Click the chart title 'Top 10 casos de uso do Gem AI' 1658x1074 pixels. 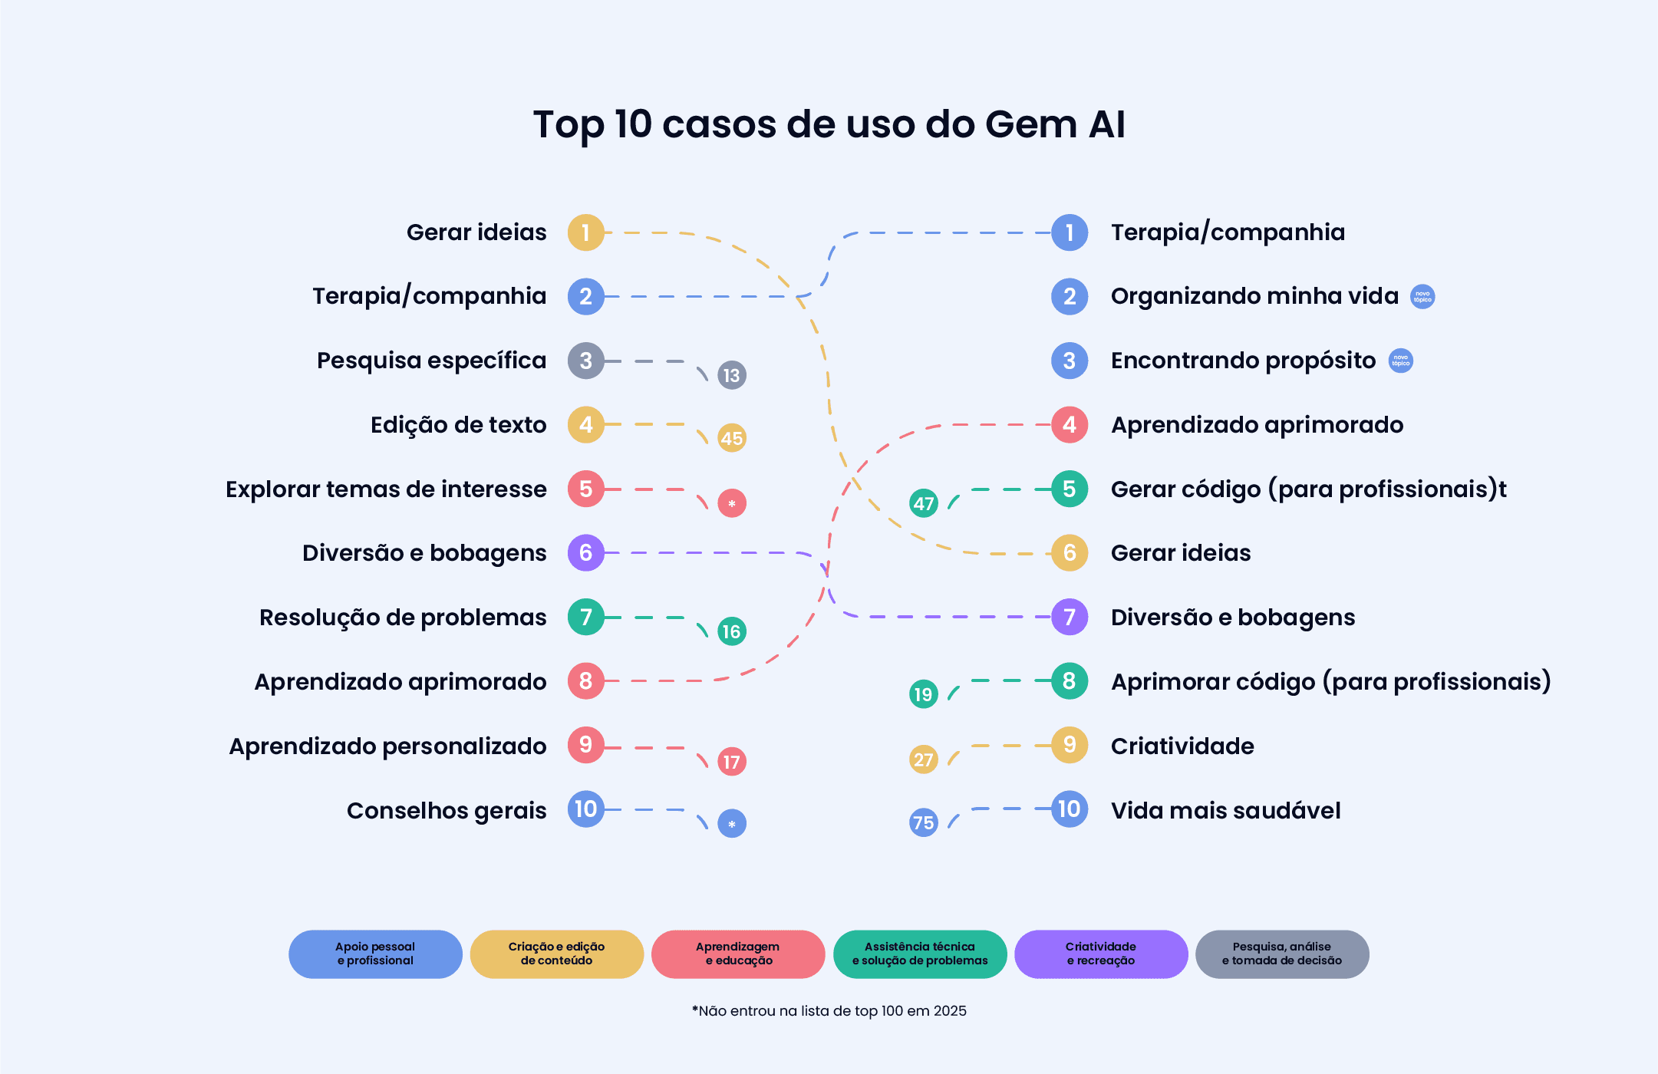pos(829,124)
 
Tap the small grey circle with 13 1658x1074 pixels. pos(731,375)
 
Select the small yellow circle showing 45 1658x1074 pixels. pos(731,438)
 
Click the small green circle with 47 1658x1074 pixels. pos(924,503)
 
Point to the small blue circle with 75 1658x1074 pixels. pos(924,823)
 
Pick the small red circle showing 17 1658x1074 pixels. pos(731,762)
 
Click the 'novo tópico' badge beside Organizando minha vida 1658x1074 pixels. pos(1422,297)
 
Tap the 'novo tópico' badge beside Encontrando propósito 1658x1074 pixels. pos(1401,361)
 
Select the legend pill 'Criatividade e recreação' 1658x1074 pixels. pos(1100,954)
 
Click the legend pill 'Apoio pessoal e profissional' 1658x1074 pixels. pos(375,954)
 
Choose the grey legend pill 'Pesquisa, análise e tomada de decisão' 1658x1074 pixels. pos(1281,954)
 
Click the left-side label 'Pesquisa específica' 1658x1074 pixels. pos(431,361)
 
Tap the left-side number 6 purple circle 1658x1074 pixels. pos(586,552)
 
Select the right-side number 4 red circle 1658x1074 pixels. pos(1070,424)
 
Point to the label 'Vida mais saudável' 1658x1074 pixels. pos(1225,810)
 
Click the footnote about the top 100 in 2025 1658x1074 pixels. pos(829,1011)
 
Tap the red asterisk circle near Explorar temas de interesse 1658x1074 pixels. pos(731,503)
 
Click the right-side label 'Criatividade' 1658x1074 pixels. pos(1182,746)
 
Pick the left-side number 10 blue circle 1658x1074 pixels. pos(586,809)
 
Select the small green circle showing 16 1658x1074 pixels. pos(731,631)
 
